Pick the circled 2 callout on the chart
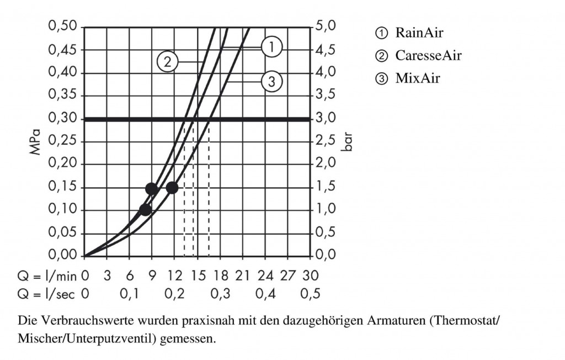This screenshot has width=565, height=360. tap(168, 61)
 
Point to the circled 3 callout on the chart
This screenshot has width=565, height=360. tap(271, 82)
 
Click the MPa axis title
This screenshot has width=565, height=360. tap(36, 142)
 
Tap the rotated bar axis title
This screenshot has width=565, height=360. tap(347, 141)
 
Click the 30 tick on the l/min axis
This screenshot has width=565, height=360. tap(311, 275)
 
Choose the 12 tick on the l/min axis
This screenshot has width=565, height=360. tap(175, 275)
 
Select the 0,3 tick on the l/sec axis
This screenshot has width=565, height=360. tap(220, 294)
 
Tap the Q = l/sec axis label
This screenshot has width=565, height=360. tap(46, 294)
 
